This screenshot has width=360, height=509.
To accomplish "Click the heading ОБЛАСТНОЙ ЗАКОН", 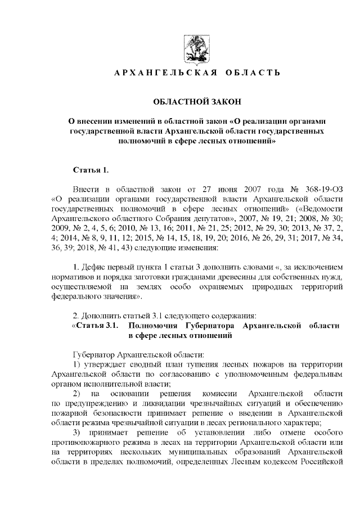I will (x=197, y=101).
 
